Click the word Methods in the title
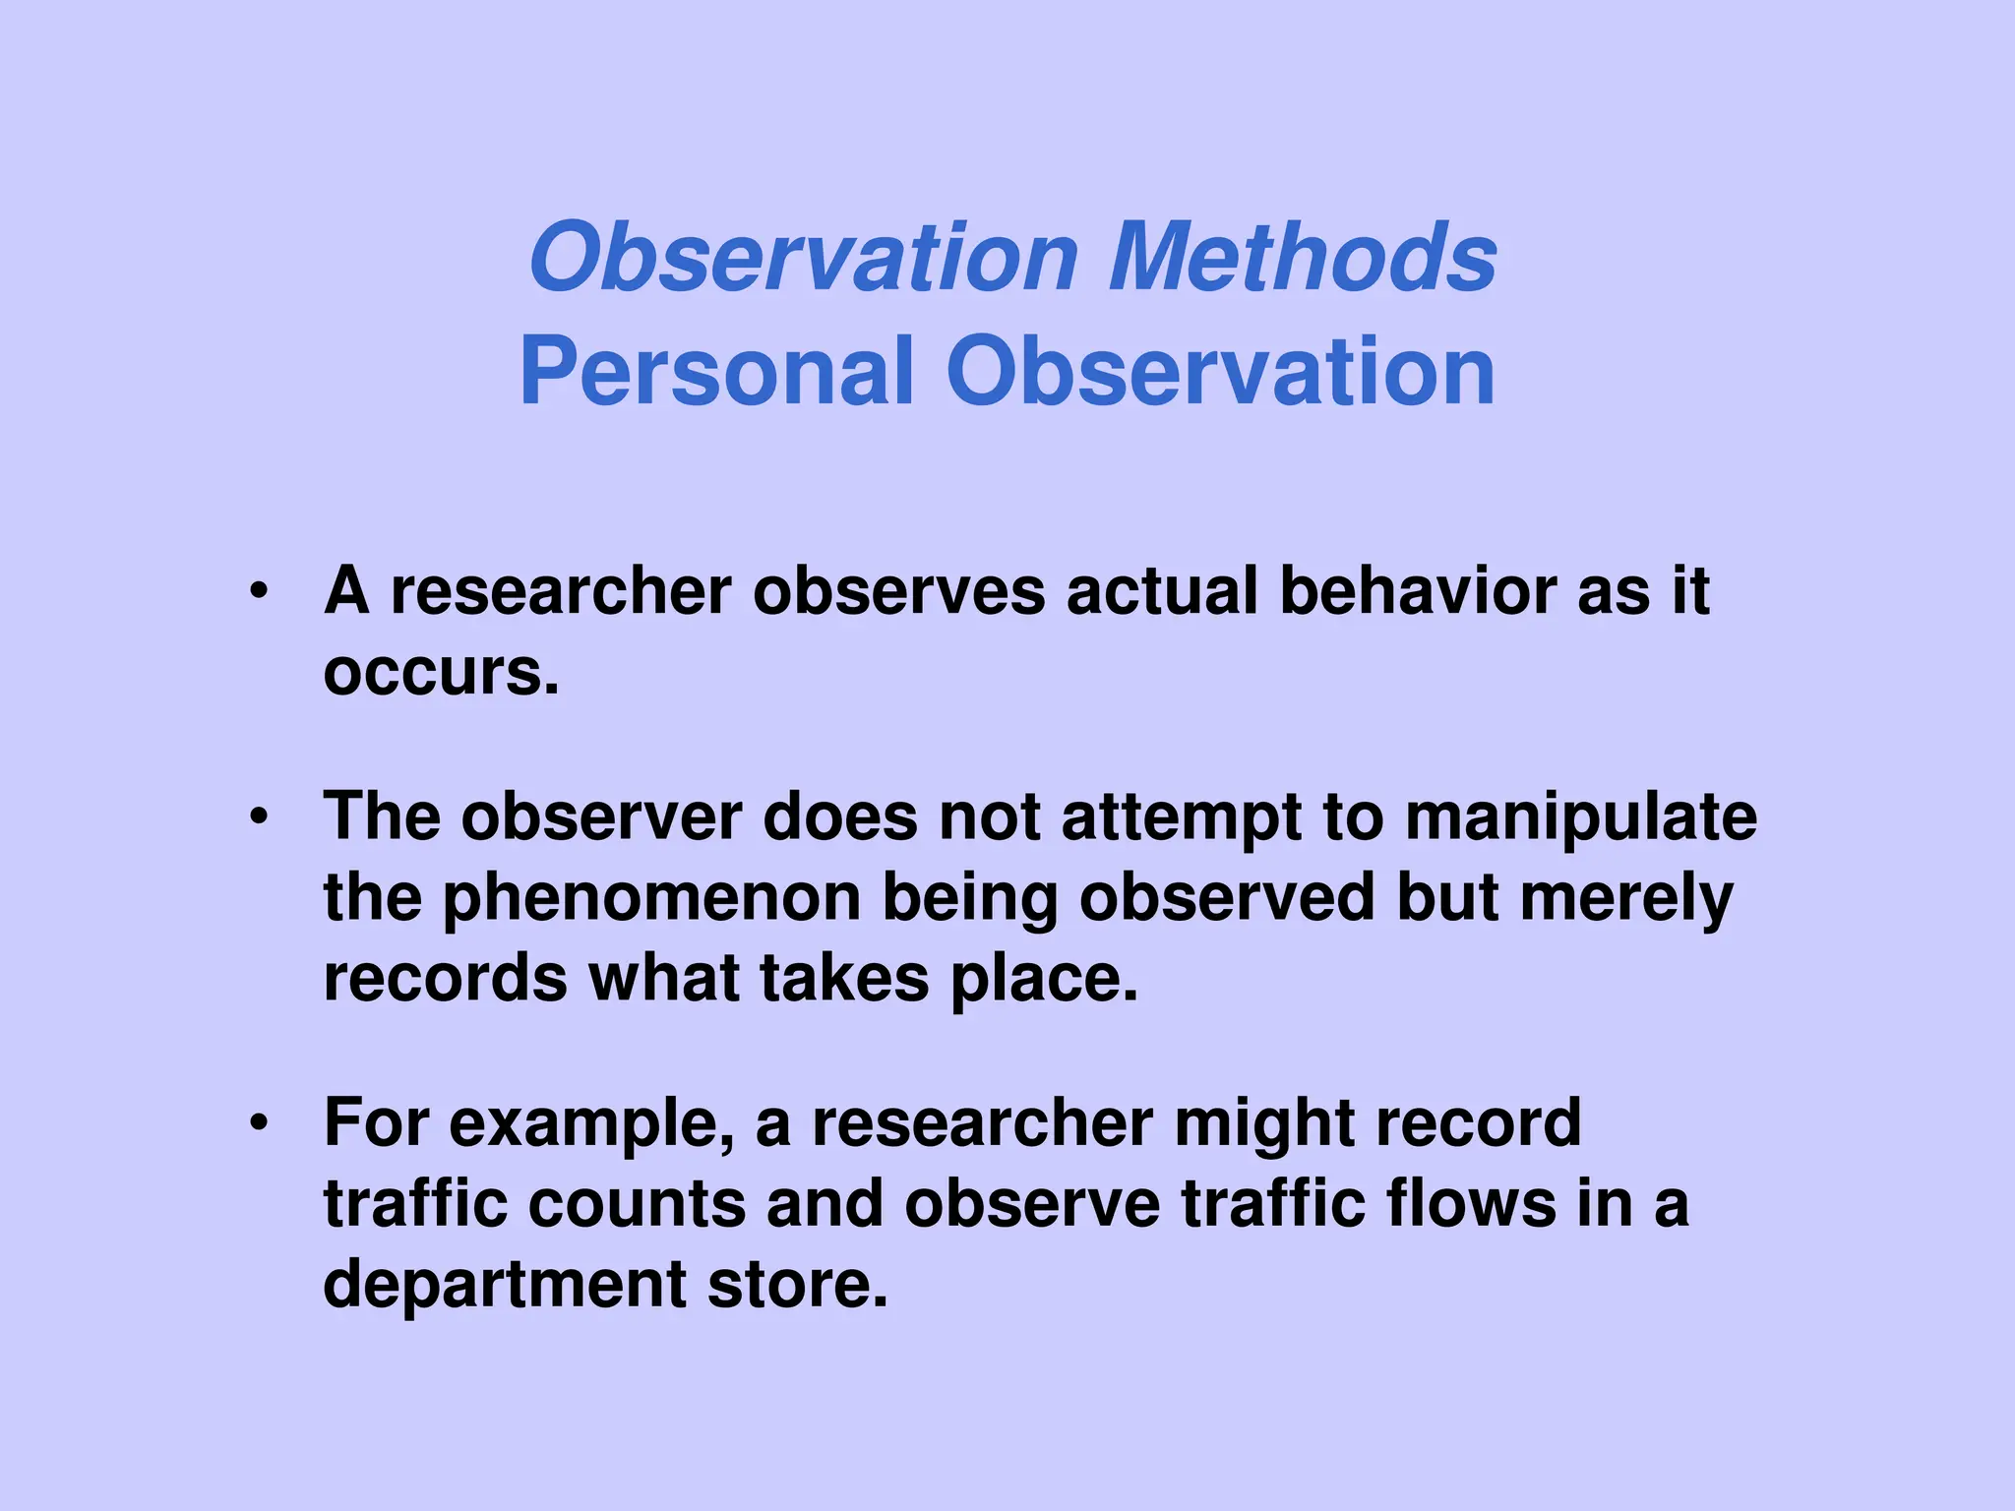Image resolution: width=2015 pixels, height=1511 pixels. (x=1303, y=257)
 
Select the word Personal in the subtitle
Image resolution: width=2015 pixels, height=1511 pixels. (x=717, y=371)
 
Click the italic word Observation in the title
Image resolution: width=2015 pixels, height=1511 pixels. (x=804, y=257)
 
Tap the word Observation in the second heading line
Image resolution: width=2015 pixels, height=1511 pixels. (x=1220, y=371)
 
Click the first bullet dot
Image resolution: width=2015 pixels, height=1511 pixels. (x=259, y=592)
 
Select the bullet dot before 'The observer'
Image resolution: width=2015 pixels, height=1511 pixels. (x=259, y=816)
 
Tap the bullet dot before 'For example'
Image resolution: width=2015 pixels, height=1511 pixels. (x=259, y=1122)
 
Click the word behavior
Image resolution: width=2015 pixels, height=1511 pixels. (x=1417, y=591)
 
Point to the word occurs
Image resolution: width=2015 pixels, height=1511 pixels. (x=441, y=673)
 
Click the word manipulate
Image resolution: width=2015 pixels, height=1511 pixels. (x=1580, y=818)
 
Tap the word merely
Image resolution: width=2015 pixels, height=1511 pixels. (x=1625, y=899)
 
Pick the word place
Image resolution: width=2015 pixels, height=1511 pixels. (x=1043, y=980)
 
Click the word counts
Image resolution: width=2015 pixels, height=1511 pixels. (x=637, y=1204)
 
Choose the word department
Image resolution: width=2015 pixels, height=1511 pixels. (x=505, y=1286)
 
